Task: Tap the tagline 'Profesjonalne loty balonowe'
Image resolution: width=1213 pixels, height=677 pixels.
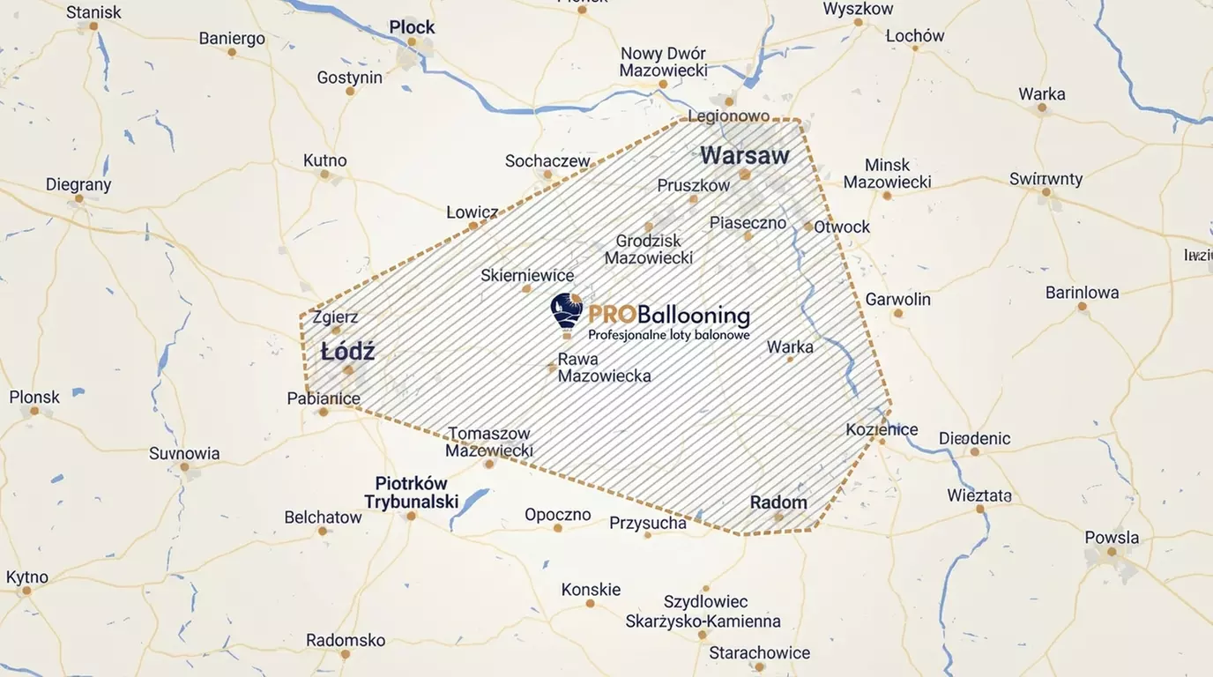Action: click(668, 335)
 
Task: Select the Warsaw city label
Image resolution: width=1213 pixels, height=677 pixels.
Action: click(745, 156)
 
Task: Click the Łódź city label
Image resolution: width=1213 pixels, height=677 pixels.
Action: click(347, 352)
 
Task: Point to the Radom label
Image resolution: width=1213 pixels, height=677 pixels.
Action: click(778, 502)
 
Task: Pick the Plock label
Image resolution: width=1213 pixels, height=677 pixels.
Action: click(412, 27)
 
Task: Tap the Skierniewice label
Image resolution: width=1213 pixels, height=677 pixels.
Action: click(527, 275)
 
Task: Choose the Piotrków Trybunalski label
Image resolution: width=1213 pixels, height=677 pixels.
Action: click(412, 493)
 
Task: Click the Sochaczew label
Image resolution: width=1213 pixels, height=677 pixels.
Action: click(547, 160)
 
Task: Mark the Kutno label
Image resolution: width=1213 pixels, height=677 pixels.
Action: click(324, 160)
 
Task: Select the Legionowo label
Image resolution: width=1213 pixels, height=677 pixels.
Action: click(728, 115)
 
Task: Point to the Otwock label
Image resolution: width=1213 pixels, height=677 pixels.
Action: click(842, 227)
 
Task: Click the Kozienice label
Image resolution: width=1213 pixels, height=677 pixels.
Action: click(882, 429)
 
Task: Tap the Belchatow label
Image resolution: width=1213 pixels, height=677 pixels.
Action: click(323, 517)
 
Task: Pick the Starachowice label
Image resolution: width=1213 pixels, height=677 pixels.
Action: click(759, 652)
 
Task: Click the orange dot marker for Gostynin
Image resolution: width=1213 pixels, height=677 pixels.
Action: click(350, 91)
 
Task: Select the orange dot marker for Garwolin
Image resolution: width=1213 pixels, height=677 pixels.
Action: click(898, 313)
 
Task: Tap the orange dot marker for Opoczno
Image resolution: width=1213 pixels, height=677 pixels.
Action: click(557, 528)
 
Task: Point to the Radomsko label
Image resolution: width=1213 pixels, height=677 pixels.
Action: click(346, 640)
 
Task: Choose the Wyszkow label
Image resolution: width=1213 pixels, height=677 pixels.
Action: click(858, 9)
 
